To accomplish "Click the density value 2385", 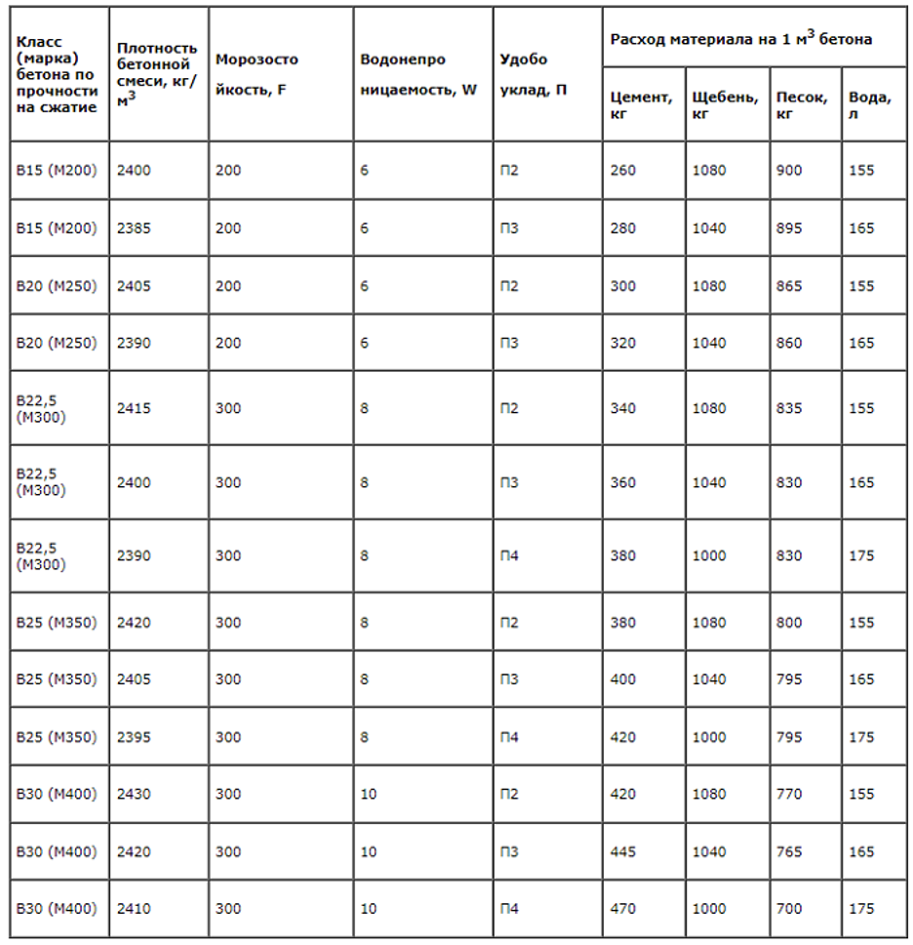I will click(x=134, y=228).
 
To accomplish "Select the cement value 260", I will click(x=622, y=171).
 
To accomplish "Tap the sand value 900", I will click(x=789, y=171).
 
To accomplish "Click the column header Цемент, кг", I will click(x=641, y=105).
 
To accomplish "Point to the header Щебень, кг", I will click(x=725, y=105).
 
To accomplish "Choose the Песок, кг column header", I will click(x=802, y=105).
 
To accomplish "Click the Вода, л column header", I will click(x=869, y=105).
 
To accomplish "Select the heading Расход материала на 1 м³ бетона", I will click(x=740, y=38).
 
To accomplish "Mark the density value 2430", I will click(x=134, y=795).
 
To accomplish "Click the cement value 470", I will click(x=622, y=909).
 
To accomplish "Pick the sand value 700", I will click(x=789, y=909).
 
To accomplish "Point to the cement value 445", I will click(x=622, y=852).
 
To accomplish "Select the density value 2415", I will click(x=134, y=408).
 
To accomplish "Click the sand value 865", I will click(x=789, y=286).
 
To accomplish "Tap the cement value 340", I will click(x=622, y=408).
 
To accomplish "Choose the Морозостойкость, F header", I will click(x=257, y=74).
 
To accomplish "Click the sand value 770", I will click(x=789, y=795).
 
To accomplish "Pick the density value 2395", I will click(x=134, y=738).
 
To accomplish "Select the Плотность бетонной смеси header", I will click(x=156, y=74).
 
